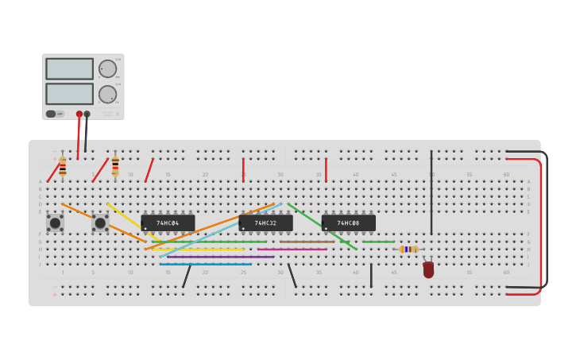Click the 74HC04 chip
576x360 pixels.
[168, 223]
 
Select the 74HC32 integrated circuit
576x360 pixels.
[265, 223]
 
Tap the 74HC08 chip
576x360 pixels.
[348, 223]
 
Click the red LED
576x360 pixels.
[428, 269]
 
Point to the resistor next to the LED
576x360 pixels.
[408, 249]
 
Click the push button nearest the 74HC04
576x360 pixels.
[100, 223]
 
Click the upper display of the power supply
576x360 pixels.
[70, 69]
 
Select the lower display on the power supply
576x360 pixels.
[70, 94]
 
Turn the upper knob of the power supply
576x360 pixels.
[107, 69]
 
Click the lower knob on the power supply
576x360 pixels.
[107, 95]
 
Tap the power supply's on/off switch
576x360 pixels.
[52, 114]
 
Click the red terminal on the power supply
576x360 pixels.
[79, 114]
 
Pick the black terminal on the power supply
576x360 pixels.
[87, 114]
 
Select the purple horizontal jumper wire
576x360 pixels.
[220, 257]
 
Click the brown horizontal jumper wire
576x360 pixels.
[307, 242]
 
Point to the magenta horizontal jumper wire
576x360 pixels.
[292, 250]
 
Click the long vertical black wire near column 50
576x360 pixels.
[431, 192]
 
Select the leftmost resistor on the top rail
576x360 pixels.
[63, 166]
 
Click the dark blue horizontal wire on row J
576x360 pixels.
[205, 264]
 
